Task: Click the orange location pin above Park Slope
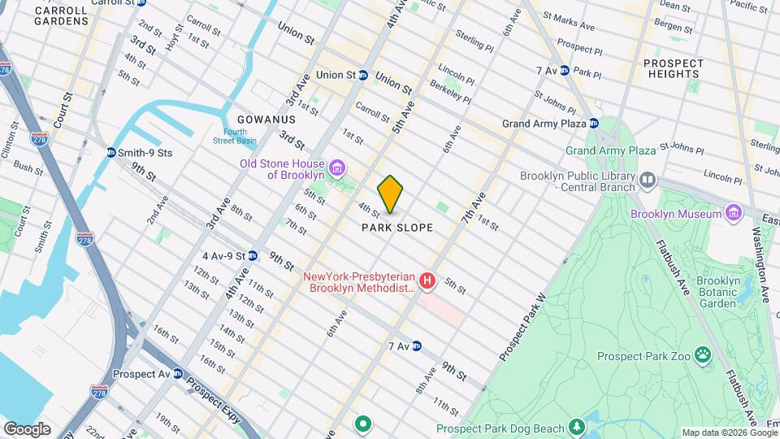[x=391, y=193]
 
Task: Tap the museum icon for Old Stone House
[x=338, y=168]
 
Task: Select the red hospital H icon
[x=427, y=281]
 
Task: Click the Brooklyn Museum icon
[x=734, y=213]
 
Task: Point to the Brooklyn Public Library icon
[x=648, y=180]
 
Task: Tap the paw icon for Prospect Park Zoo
[x=701, y=355]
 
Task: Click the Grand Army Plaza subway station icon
[x=595, y=124]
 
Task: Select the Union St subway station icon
[x=363, y=75]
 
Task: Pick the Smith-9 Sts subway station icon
[x=110, y=152]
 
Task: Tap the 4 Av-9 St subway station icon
[x=253, y=255]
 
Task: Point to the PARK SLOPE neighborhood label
[x=397, y=228]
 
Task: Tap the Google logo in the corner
[x=27, y=428]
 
